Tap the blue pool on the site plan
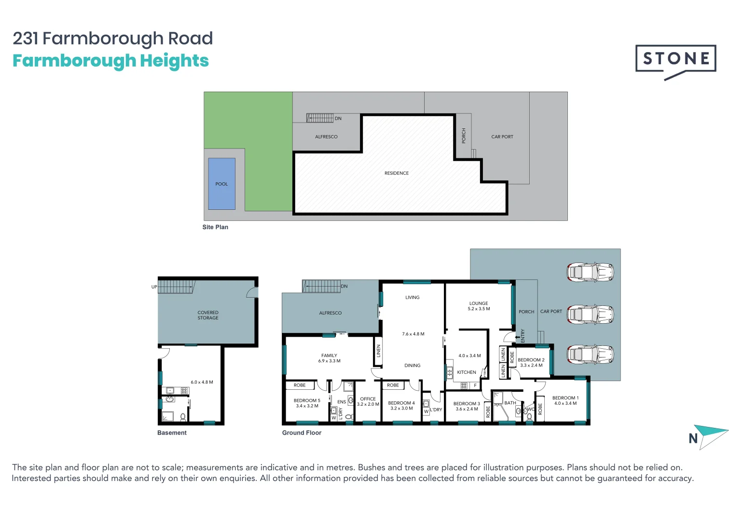click(x=221, y=184)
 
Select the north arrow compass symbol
click(x=708, y=436)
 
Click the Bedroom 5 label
click(x=307, y=400)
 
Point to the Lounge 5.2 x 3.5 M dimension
click(x=479, y=309)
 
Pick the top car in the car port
click(x=590, y=272)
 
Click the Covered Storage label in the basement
click(x=208, y=315)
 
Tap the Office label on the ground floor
click(x=368, y=399)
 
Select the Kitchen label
click(x=467, y=372)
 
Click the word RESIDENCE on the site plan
click(x=397, y=173)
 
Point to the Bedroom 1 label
click(x=565, y=398)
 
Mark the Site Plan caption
click(x=215, y=227)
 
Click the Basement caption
click(x=172, y=433)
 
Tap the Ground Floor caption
click(x=302, y=433)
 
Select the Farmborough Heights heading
click(x=110, y=61)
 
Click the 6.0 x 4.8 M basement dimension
click(x=202, y=382)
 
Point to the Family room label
click(x=329, y=356)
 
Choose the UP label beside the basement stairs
click(x=154, y=287)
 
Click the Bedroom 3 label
click(x=467, y=404)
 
